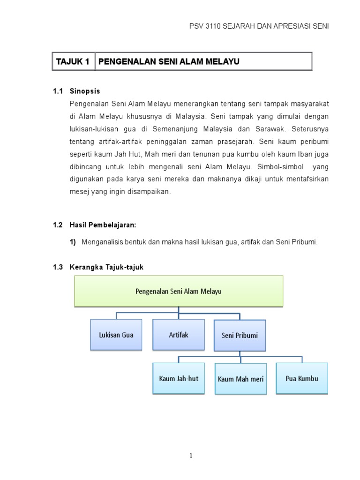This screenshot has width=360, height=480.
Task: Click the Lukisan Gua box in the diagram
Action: coord(116,335)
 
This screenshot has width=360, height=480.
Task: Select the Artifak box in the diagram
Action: coord(178,334)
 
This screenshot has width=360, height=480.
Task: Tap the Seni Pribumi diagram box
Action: coord(240,335)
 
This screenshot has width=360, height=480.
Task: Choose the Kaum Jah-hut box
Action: coord(178,378)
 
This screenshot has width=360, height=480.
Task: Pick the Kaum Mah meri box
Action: coord(240,378)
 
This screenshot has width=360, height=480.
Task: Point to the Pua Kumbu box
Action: coord(302,378)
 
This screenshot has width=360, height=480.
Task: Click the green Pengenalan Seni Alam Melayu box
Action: coord(179,291)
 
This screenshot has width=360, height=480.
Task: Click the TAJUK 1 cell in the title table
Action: coord(73,61)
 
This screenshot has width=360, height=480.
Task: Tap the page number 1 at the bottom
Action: coord(179,455)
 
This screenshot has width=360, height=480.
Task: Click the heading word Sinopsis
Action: coord(85,91)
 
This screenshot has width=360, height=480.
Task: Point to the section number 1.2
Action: coord(58,225)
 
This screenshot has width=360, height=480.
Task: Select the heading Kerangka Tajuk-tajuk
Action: coord(106,267)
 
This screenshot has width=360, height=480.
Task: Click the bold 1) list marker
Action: coord(73,242)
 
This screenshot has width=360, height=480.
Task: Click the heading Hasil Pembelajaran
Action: coord(103,225)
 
